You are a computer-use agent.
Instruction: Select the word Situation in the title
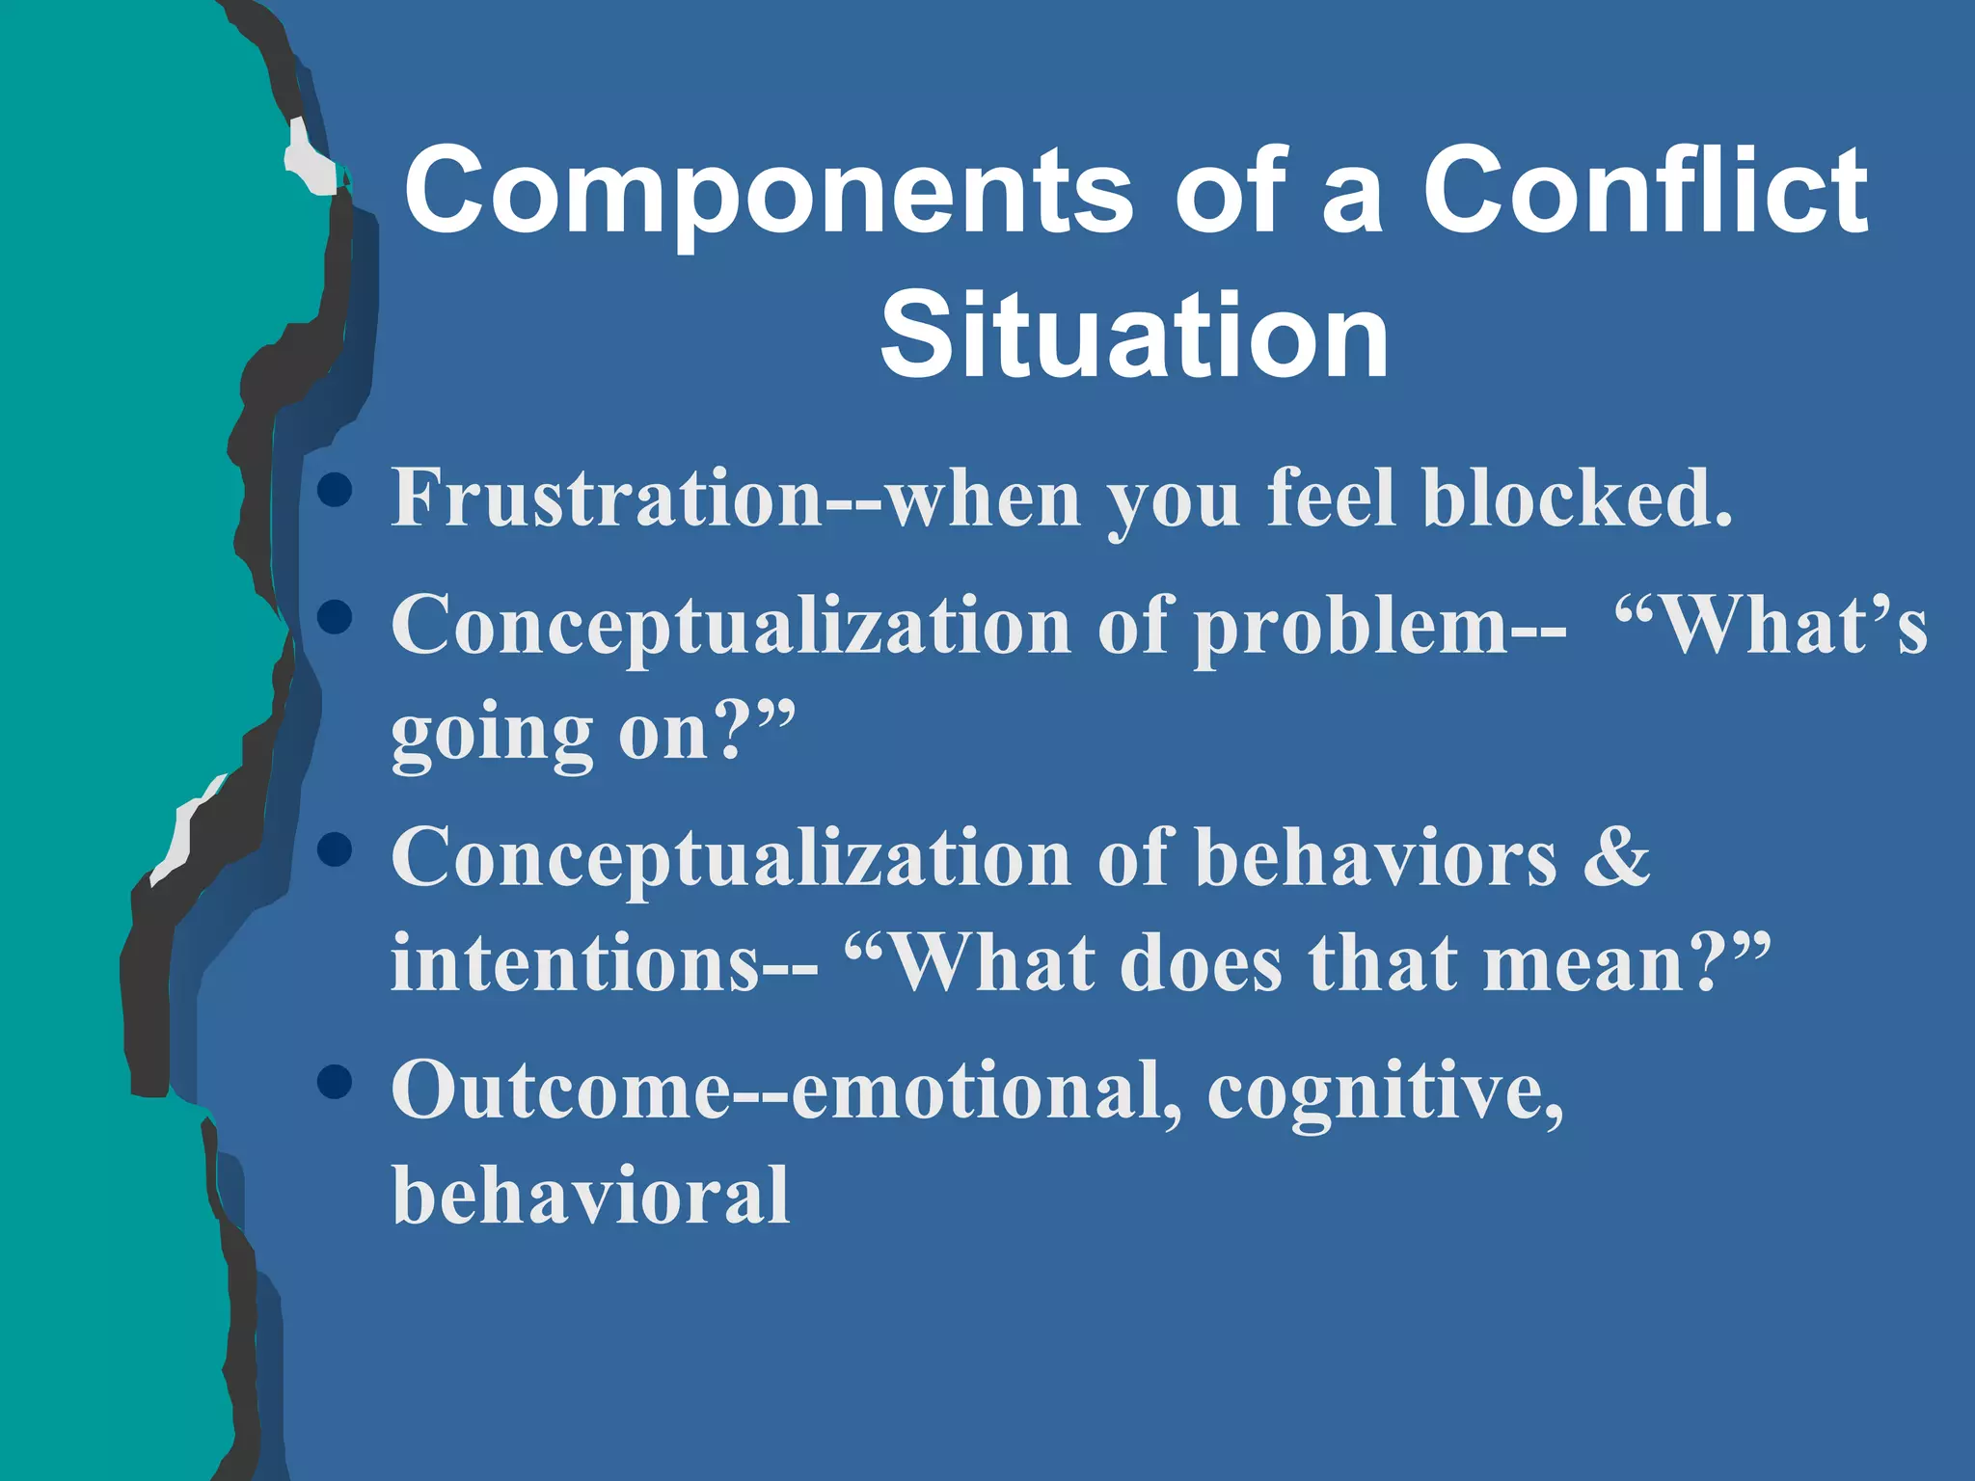[x=1134, y=336]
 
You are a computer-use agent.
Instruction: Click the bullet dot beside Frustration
[x=335, y=490]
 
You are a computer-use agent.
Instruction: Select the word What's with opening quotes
[x=1771, y=625]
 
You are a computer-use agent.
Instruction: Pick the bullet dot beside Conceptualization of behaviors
[x=335, y=849]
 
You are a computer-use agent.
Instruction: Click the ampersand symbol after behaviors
[x=1616, y=857]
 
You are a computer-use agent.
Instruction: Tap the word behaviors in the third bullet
[x=1375, y=857]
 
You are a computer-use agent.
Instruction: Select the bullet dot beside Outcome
[x=335, y=1082]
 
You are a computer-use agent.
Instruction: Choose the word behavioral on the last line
[x=590, y=1196]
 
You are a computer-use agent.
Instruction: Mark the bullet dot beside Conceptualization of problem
[x=335, y=617]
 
